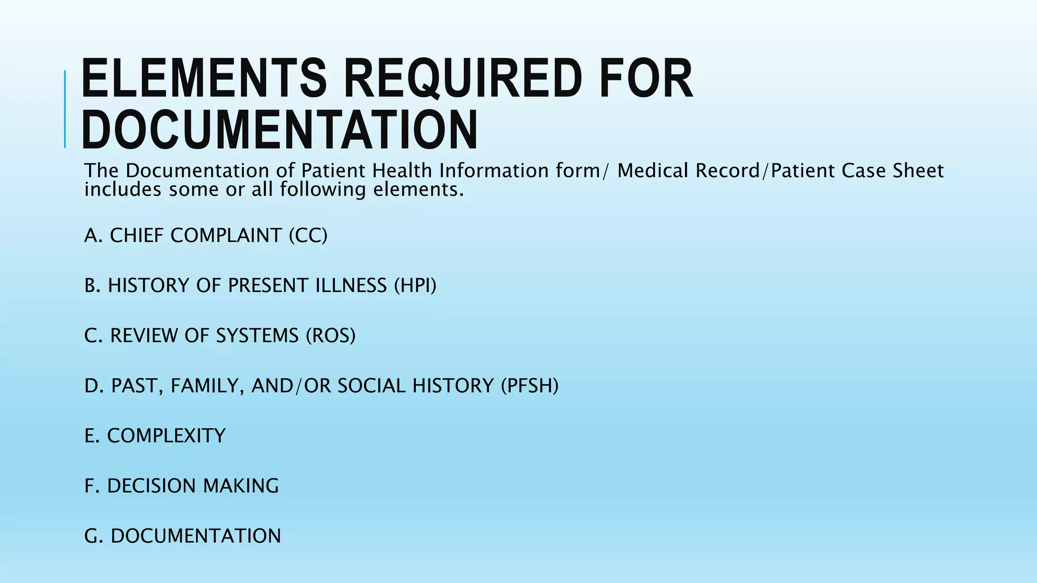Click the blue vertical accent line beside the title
tap(65, 109)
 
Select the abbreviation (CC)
tap(308, 236)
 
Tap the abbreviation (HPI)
tap(415, 286)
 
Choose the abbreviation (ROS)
tap(331, 336)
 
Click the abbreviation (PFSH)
tap(529, 386)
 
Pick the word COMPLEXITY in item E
tap(166, 436)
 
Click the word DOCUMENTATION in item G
tap(195, 536)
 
